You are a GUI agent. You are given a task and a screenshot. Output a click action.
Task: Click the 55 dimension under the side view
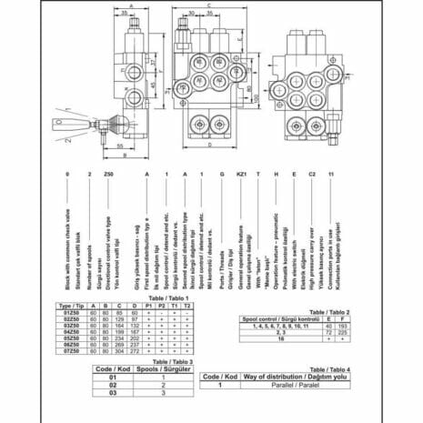[119, 144]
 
